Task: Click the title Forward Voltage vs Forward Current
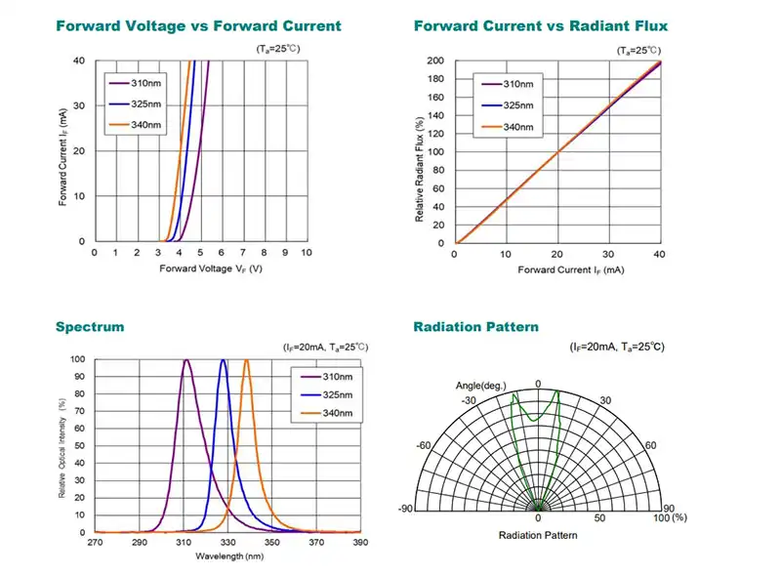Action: (x=198, y=26)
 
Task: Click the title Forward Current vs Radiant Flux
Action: (x=541, y=26)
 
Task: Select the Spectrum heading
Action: (x=90, y=327)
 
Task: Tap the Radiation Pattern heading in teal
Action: (x=475, y=327)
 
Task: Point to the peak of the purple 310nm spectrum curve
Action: (x=185, y=361)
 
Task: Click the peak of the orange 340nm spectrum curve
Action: (x=246, y=361)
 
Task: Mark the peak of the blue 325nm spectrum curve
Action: (x=224, y=361)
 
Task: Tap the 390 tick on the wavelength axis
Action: (x=360, y=542)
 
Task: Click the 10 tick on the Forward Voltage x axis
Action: (x=307, y=252)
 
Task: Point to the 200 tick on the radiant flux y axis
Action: (x=437, y=61)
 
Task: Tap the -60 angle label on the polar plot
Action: (x=424, y=445)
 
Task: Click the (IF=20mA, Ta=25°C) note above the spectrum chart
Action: (x=325, y=348)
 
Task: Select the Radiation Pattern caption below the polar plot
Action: (x=538, y=535)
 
